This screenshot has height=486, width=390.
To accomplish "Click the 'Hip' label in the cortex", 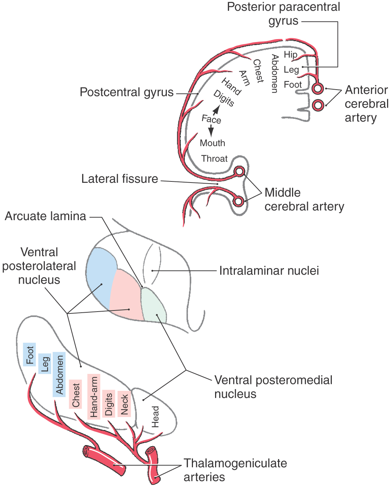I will pos(290,55).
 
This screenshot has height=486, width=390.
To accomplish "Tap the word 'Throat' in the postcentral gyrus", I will pos(214,159).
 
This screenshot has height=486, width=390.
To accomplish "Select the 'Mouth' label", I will pos(212,143).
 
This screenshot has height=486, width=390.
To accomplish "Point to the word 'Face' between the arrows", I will pos(211,119).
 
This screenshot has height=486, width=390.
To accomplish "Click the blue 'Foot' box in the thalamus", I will pos(29,355).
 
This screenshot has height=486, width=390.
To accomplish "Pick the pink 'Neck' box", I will pos(124,404).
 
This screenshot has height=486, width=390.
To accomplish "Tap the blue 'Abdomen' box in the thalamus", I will pos(59,374).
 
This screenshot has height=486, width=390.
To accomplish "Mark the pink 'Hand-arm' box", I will pos(94,397).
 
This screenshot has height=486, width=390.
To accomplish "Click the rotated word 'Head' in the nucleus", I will pos(155,417).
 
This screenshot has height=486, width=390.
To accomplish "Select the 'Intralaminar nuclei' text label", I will pos(269,271).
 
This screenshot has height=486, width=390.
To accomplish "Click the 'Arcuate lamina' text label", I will pos(45,216).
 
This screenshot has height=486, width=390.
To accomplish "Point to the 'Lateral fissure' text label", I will pos(120,179).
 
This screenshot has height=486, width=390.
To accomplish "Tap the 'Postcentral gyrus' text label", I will pos(127,92).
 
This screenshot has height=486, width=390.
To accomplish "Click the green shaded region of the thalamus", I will pos(154,306).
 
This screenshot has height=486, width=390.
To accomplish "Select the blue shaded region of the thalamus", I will pos(100,273).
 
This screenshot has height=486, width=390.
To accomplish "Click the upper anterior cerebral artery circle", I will pos(317,89).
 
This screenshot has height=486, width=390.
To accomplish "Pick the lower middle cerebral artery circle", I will pos(239,201).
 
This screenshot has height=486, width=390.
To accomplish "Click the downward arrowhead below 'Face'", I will pos(211,132).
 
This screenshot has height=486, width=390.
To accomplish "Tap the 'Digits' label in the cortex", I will pos(224,98).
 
